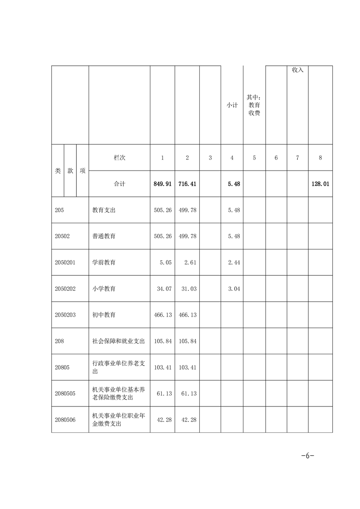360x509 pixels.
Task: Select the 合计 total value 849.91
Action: [163, 184]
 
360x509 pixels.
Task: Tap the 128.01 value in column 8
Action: [320, 184]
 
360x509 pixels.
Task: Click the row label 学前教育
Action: [104, 262]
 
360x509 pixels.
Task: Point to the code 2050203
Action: [66, 315]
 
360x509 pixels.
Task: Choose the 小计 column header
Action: [232, 105]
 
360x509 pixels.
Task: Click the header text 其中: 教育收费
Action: [254, 105]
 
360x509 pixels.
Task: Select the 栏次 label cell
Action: [119, 158]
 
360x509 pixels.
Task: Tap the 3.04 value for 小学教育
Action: [232, 289]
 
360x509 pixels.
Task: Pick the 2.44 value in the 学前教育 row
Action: [232, 262]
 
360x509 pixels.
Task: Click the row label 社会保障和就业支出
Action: [118, 341]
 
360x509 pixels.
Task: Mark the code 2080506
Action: [66, 420]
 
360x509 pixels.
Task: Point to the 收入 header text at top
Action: [297, 70]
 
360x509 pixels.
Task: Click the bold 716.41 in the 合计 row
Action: [187, 184]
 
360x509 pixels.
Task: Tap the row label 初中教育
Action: [104, 315]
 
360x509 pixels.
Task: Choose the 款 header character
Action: [70, 171]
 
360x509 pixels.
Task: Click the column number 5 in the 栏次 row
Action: [254, 158]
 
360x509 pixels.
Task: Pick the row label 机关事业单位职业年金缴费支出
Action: [118, 420]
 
